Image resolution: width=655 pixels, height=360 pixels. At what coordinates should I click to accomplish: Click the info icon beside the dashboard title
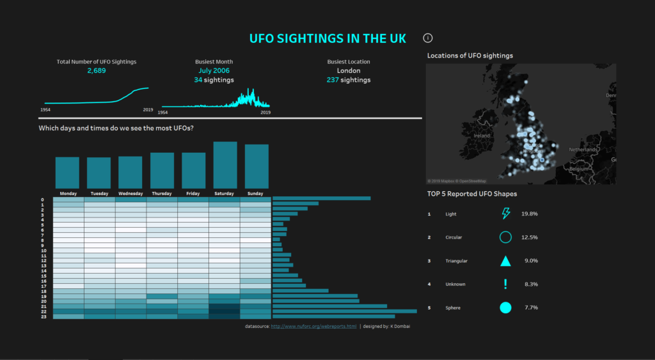coord(429,38)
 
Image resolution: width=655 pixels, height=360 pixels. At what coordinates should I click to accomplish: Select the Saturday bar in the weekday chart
coord(225,165)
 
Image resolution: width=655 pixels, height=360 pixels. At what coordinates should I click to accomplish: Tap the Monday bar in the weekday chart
coord(68,172)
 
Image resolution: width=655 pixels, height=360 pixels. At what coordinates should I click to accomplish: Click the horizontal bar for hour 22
coord(344,311)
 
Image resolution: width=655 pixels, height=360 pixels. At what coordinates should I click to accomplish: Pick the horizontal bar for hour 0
coord(321,199)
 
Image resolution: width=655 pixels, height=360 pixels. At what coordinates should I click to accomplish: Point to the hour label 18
coord(43,291)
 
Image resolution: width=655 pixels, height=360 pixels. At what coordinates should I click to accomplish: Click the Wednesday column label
coord(130,193)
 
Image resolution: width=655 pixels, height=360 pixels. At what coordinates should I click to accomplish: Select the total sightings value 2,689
coord(97,70)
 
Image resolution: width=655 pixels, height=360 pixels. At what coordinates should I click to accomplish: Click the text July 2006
coord(214,70)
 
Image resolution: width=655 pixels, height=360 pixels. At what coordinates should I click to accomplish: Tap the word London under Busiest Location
coord(349,70)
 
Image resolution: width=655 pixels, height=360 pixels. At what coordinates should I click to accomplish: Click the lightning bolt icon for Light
coord(505,214)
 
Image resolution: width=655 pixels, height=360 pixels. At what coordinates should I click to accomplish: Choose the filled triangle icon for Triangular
coord(505,261)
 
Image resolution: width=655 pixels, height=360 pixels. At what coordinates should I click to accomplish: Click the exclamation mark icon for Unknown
coord(505,284)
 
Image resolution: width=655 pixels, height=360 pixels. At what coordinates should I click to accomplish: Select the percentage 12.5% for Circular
coord(530,237)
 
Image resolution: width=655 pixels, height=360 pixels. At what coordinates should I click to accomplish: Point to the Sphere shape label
coord(453,308)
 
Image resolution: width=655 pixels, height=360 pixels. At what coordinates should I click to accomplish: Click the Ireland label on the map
coord(482,136)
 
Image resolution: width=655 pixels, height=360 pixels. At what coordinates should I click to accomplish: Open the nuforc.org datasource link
coord(313,326)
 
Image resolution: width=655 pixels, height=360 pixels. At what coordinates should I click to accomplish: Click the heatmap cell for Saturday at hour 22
coord(225,311)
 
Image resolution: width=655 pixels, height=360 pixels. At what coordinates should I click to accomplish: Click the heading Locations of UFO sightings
coord(470,56)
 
